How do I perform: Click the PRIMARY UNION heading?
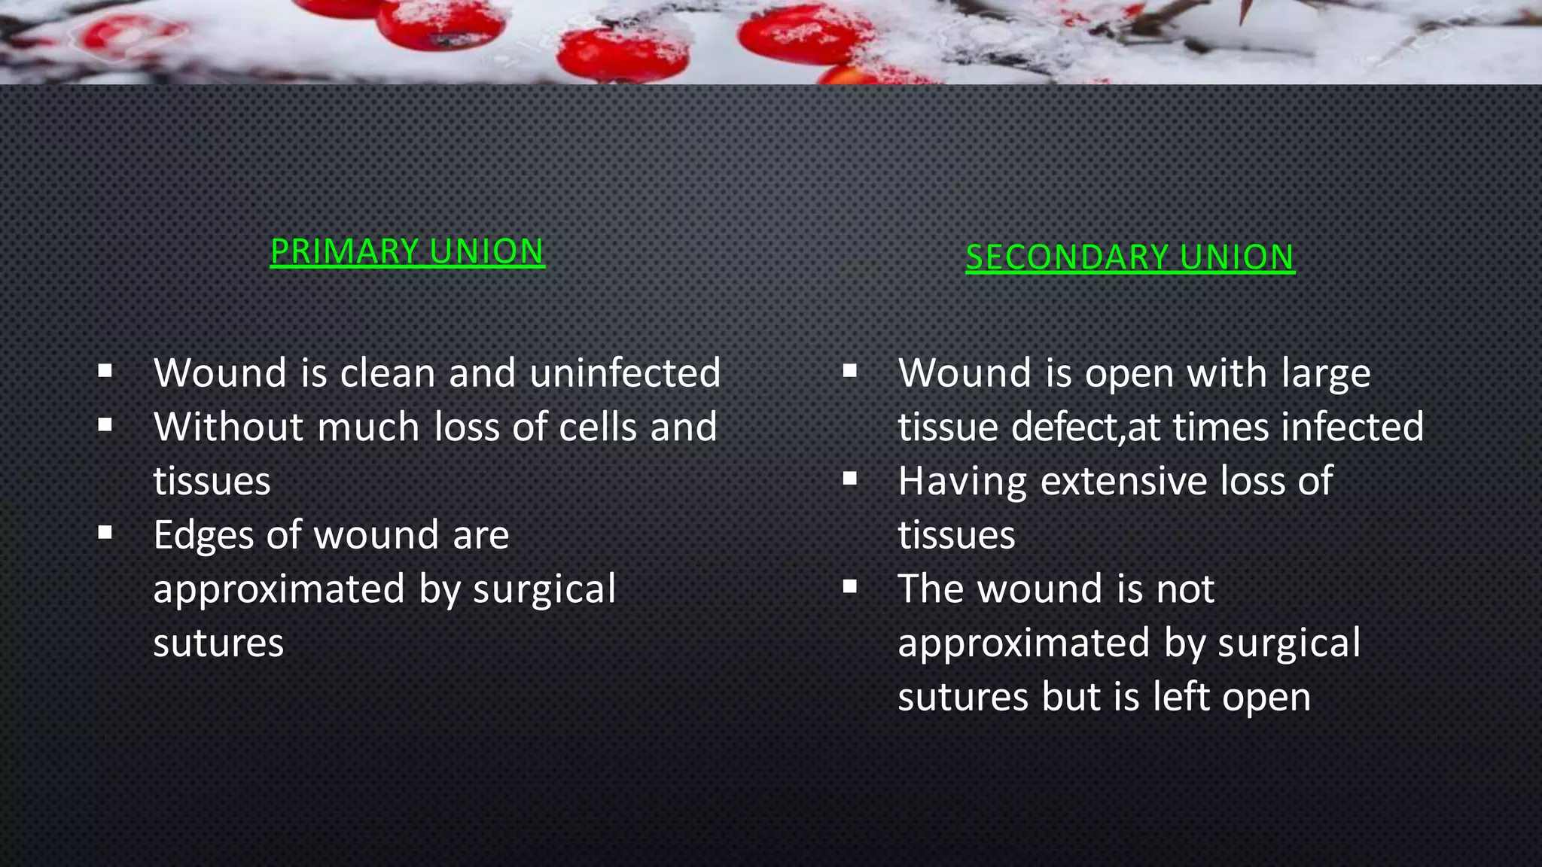tap(407, 251)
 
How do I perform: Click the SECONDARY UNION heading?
tap(1129, 257)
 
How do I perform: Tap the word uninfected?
tap(625, 373)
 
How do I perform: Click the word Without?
tap(228, 427)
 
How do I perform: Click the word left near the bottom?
tap(1181, 697)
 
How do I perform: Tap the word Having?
tap(962, 482)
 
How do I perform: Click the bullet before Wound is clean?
tap(105, 370)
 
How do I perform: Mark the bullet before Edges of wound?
tap(105, 533)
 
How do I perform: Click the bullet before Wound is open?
tap(850, 370)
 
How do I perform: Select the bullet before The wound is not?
tap(850, 586)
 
